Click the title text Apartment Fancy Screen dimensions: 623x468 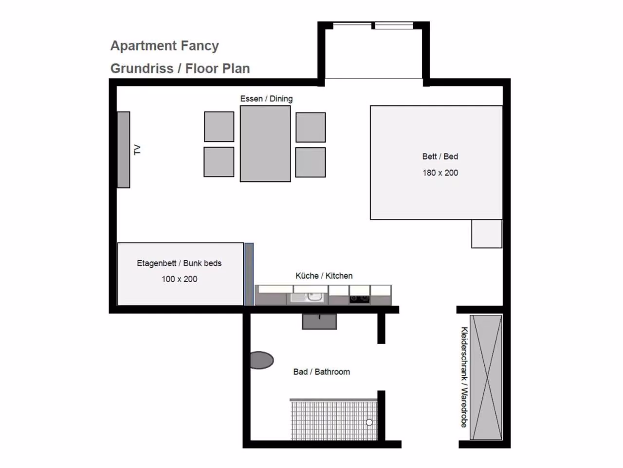[165, 46]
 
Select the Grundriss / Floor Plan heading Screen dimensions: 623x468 [180, 68]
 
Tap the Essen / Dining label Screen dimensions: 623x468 [266, 99]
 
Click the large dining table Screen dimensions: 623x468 [265, 144]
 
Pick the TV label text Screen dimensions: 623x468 [137, 150]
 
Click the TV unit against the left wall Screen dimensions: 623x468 [124, 150]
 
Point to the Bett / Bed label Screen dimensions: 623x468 [440, 156]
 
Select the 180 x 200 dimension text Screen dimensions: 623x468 [440, 173]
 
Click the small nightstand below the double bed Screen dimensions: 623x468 [487, 234]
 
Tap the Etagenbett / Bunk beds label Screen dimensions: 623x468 [179, 263]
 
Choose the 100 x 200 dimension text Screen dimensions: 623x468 [180, 279]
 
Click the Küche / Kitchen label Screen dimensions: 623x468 [324, 276]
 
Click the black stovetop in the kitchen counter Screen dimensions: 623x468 [360, 299]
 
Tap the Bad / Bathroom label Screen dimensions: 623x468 [322, 372]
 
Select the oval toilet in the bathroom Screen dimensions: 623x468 [262, 360]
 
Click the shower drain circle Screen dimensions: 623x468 [369, 422]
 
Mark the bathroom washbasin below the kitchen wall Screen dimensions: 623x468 [319, 322]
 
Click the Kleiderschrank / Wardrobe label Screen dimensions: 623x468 [464, 377]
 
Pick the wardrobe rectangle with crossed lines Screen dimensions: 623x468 [486, 377]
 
